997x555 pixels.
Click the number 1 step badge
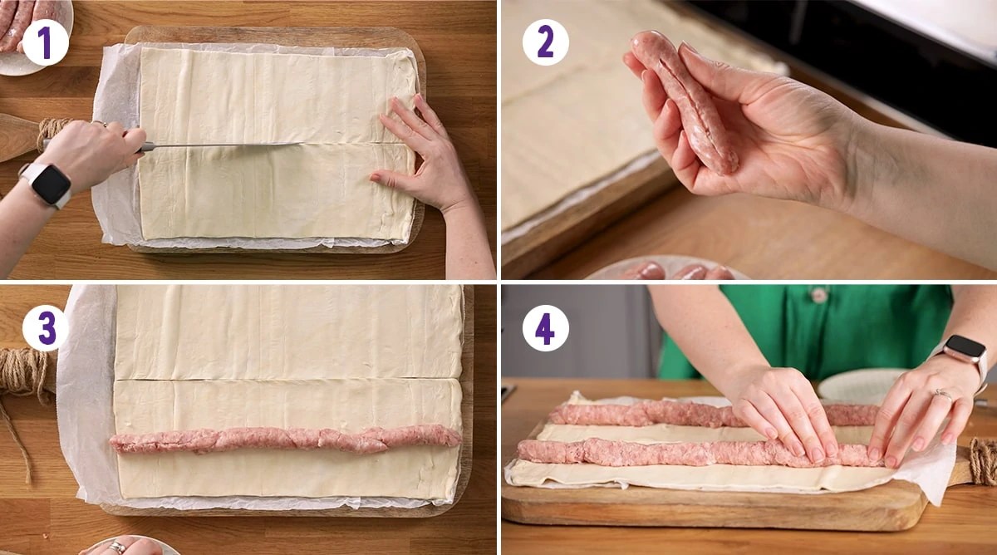pyautogui.click(x=46, y=42)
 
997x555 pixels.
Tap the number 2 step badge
pyautogui.click(x=545, y=42)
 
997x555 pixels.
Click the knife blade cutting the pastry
pyautogui.click(x=224, y=146)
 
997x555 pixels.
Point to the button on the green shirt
pyautogui.click(x=820, y=295)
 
